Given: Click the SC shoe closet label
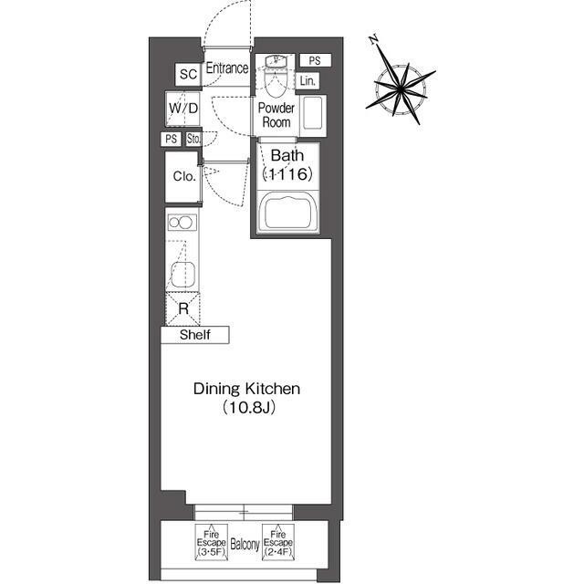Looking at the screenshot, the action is coord(188,74).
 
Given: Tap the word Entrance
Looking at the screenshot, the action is coord(227,68).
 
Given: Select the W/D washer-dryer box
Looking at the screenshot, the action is coord(182,109).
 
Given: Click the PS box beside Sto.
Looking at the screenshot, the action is coord(171,140).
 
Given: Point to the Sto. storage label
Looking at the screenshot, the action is coord(193,140).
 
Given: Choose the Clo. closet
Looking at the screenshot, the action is coord(183,177).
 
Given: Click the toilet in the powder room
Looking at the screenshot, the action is coord(276,78).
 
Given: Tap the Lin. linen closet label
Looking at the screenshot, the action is coord(308,81).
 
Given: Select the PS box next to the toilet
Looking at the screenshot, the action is coord(315,60).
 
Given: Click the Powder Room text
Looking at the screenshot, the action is coord(276,116).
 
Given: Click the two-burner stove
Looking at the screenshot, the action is coord(182,223).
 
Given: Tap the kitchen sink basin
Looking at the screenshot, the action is coord(182,274).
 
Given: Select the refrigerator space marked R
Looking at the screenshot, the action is coord(182,308).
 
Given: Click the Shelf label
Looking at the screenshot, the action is coord(194,335).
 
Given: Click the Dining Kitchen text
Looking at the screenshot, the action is coord(246,389).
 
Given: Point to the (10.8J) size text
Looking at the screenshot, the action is coord(249,408).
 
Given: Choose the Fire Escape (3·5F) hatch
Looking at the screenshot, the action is coord(212,542).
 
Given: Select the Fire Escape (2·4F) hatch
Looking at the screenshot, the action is coord(278,542).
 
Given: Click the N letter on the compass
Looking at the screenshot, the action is coord(374,39).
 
